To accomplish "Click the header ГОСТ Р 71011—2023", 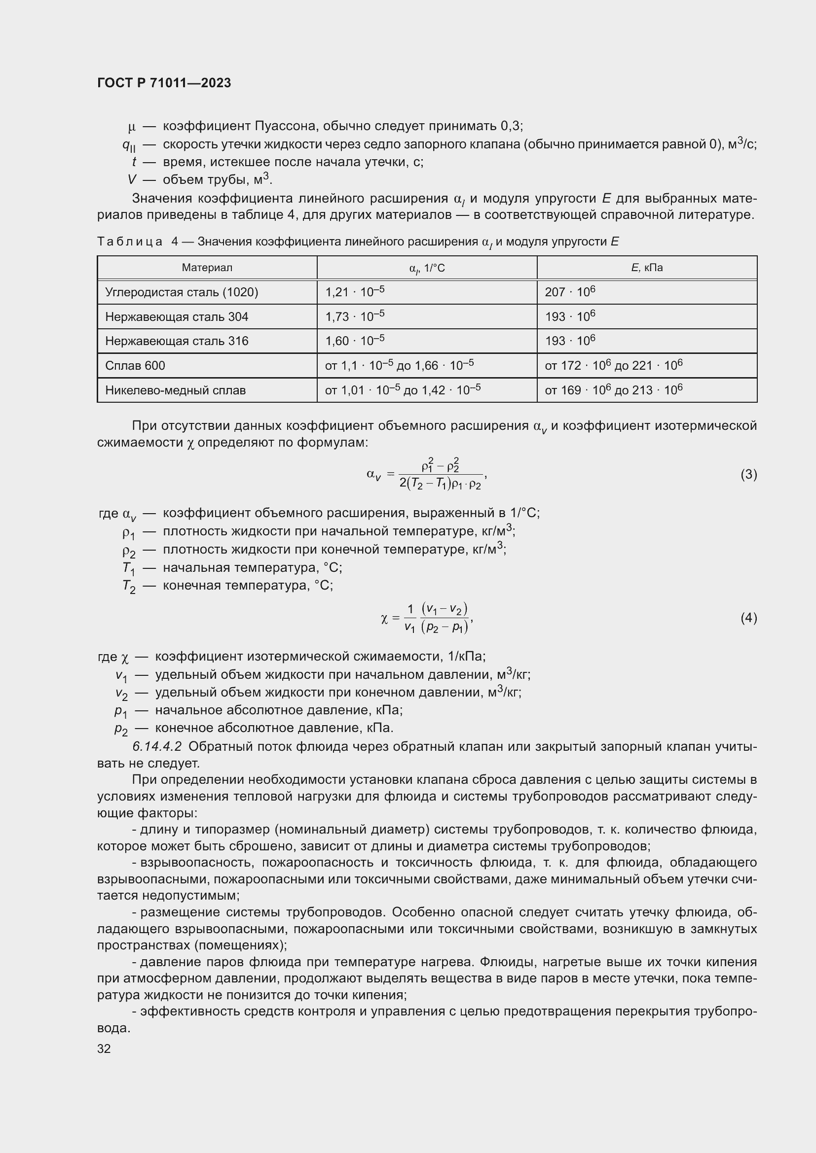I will click(164, 83).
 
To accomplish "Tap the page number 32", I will click(104, 1048).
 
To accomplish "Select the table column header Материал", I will click(207, 268).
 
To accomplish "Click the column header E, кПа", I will click(647, 268).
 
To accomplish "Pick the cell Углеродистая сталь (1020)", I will click(182, 292).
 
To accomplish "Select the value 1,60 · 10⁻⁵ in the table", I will click(355, 341).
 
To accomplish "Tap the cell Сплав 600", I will click(135, 366).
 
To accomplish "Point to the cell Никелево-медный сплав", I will click(175, 390).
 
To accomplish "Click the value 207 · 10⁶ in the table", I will click(570, 292).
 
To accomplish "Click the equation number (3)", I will click(748, 474).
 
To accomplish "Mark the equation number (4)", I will click(748, 618).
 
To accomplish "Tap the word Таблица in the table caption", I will click(130, 242).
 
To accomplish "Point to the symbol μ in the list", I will click(132, 127).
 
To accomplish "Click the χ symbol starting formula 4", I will click(384, 619).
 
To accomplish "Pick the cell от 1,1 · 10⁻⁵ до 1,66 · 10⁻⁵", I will click(399, 366).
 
